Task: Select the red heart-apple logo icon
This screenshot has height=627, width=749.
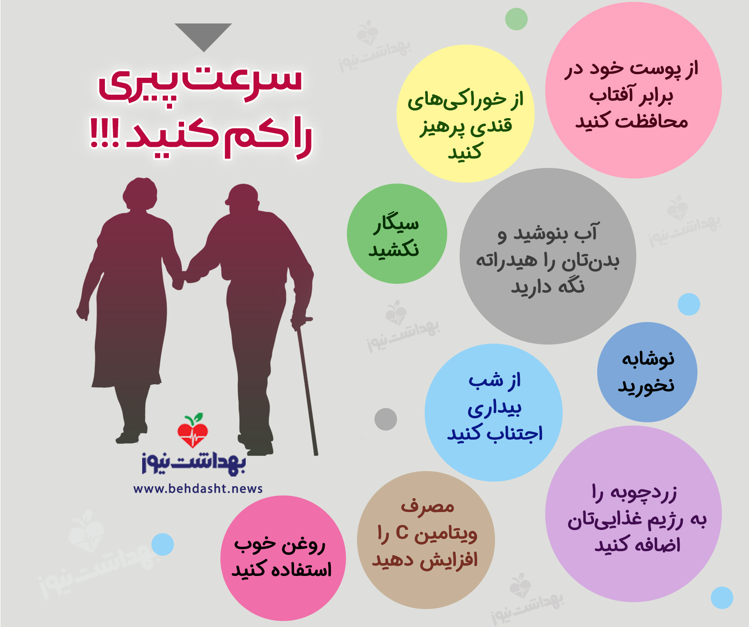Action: (193, 430)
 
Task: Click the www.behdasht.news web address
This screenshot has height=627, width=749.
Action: (198, 489)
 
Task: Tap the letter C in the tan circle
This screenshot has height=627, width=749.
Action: (402, 533)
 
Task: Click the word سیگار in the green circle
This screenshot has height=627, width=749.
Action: (396, 224)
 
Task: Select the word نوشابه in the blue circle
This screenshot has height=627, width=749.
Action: (648, 359)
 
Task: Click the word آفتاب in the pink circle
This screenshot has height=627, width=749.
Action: (606, 95)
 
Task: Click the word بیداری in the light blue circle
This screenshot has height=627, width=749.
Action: (495, 408)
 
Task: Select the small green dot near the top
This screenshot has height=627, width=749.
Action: (516, 19)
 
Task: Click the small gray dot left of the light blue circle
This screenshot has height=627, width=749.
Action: (386, 419)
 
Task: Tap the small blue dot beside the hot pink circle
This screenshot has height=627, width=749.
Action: (162, 545)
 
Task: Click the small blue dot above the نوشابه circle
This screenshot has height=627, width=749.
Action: (689, 304)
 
